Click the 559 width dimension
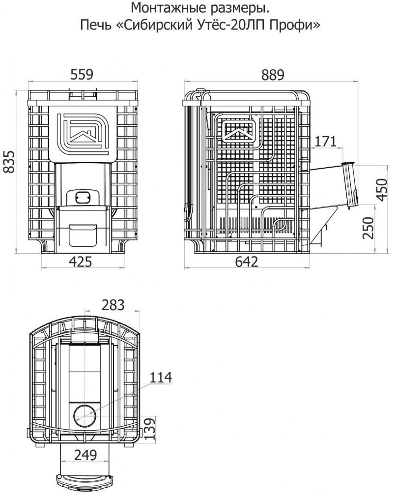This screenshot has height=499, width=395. tap(82, 74)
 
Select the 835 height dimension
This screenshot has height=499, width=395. tap(9, 162)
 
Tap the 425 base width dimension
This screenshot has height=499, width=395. tap(81, 262)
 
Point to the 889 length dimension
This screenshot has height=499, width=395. tap(273, 75)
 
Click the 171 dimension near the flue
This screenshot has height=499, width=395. tap(325, 141)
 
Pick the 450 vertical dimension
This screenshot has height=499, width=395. tap(382, 190)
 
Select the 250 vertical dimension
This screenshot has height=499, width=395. tap(368, 228)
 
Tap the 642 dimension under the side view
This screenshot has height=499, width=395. tap(247, 262)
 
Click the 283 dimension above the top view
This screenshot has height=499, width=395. tap(113, 305)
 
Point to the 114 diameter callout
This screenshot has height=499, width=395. tap(161, 378)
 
